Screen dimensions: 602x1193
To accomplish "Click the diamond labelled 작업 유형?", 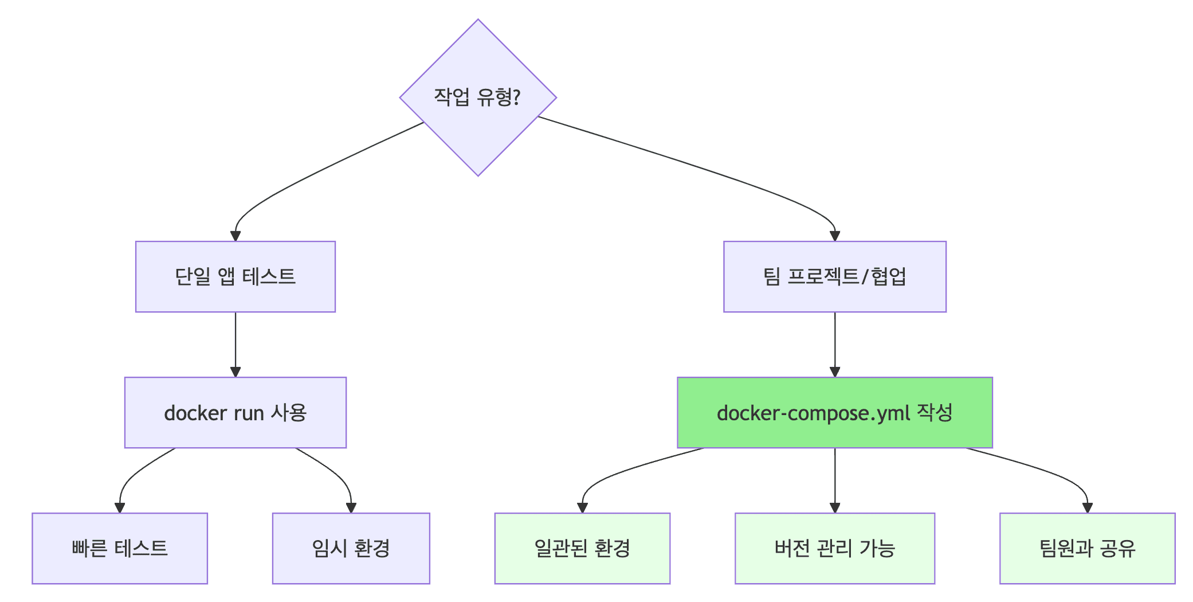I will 478,97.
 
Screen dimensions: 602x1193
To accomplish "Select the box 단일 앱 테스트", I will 236,276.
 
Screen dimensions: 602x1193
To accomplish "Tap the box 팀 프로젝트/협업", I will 834,276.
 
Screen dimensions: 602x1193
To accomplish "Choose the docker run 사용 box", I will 236,412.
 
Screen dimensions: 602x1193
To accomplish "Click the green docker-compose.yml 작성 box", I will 834,412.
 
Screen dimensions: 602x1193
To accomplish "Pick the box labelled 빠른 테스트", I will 120,548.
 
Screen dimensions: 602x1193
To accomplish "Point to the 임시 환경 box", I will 351,548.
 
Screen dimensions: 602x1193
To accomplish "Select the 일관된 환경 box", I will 582,548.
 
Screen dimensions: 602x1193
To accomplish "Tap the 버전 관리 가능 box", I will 834,548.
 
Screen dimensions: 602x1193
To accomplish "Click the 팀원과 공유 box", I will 1087,548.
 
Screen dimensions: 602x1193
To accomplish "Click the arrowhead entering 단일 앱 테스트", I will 236,236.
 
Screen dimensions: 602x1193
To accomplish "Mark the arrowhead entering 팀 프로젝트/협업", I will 835,236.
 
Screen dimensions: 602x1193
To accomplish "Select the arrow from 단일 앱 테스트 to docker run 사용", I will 236,344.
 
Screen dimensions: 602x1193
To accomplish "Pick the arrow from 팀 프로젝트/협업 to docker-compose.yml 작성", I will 835,344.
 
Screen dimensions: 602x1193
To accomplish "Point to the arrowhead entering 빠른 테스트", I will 120,507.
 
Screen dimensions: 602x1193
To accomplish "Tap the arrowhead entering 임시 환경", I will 351,507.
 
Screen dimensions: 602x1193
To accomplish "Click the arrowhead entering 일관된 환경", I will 583,507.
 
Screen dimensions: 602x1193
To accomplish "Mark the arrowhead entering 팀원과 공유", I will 1088,507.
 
